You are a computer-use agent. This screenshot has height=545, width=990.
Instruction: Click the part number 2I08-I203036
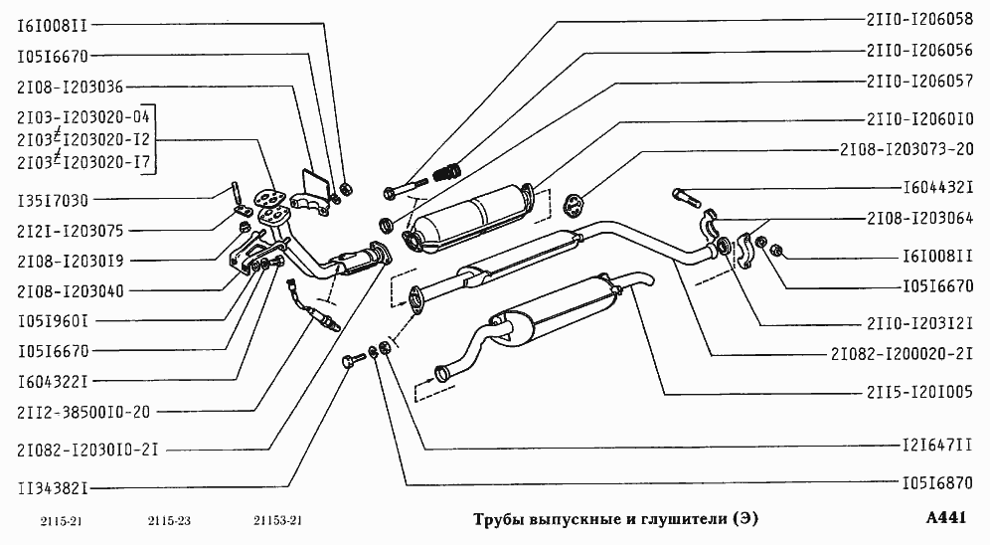pyautogui.click(x=70, y=88)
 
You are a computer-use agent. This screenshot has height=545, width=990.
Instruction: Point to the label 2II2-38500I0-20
pyautogui.click(x=84, y=411)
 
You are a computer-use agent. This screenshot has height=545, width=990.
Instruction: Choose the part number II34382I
pyautogui.click(x=55, y=488)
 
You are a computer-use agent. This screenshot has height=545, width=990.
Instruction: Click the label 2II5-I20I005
pyautogui.click(x=919, y=391)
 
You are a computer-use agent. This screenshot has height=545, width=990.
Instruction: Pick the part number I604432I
pyautogui.click(x=936, y=186)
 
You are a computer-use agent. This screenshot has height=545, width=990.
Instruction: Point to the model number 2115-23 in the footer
pyautogui.click(x=169, y=522)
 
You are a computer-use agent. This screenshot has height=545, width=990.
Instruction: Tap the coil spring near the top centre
pyautogui.click(x=448, y=171)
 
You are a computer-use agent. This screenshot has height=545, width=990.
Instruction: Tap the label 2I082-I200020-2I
pyautogui.click(x=908, y=353)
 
